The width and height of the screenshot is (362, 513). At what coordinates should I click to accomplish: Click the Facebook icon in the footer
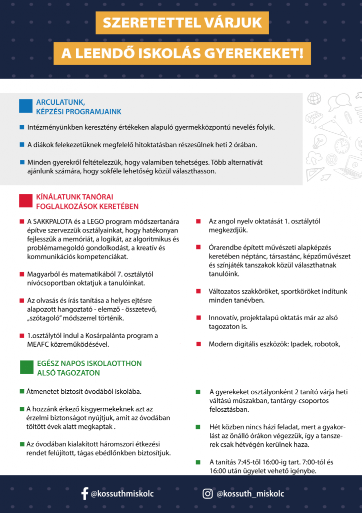(x=84, y=494)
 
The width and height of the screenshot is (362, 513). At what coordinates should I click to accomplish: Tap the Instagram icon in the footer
(x=207, y=494)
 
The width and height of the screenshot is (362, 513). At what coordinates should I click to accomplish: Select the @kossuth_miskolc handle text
(x=250, y=494)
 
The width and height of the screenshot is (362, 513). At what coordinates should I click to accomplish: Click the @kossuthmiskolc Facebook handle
(x=122, y=494)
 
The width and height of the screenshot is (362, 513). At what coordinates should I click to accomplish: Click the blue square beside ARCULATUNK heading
(x=25, y=106)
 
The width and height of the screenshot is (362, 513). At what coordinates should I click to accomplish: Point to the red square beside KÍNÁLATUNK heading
(x=25, y=201)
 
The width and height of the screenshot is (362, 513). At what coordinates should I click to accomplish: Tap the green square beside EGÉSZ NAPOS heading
(x=26, y=367)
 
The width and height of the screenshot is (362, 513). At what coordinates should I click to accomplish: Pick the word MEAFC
(x=39, y=345)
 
